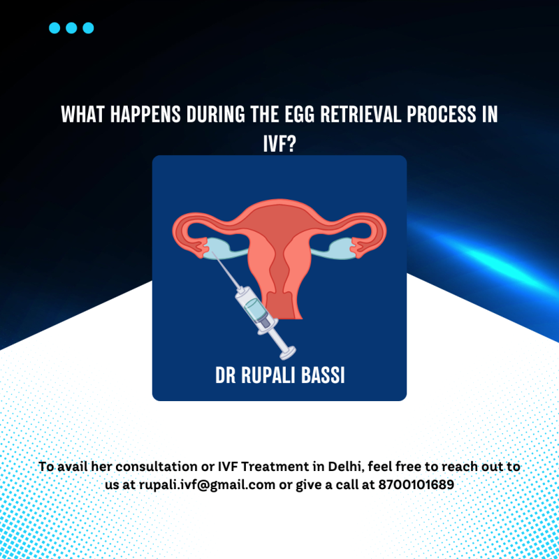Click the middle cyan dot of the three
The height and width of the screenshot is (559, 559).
pos(71,28)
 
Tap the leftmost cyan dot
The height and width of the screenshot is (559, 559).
pos(55,28)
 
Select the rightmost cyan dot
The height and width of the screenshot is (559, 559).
pos(88,28)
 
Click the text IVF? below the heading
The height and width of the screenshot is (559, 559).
pos(279,144)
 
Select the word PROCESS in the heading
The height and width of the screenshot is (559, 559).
pos(442,114)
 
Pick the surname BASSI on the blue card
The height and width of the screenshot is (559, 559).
pos(323,375)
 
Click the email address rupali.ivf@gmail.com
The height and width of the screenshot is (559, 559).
pos(207,484)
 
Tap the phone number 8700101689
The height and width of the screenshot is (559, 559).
pos(416,484)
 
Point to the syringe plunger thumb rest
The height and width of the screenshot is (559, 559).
pos(288,353)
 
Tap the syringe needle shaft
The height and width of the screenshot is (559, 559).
pos(226,270)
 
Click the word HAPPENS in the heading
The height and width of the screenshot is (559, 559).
pos(145,114)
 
